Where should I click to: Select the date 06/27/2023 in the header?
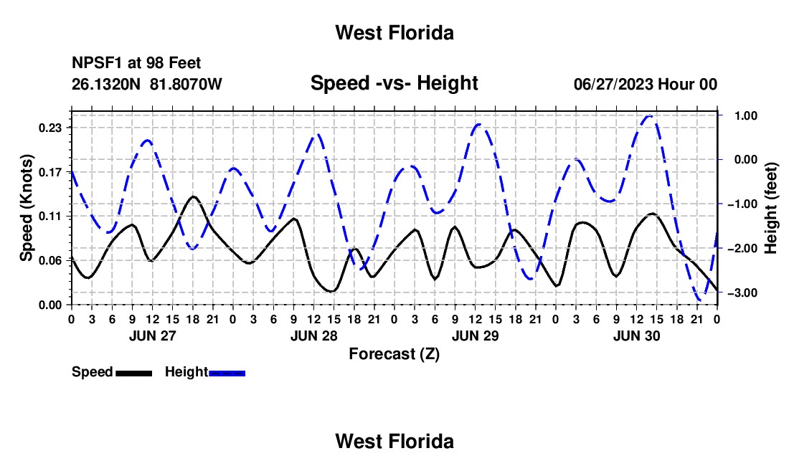(613, 84)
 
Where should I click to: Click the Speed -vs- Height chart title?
(394, 83)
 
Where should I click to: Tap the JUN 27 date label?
(153, 336)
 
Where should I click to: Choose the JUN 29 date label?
(475, 336)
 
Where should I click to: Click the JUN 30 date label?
(636, 336)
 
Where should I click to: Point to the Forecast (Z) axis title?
(394, 354)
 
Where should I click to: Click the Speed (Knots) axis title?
(26, 208)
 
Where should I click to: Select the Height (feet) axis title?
(771, 208)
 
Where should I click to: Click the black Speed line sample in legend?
(134, 373)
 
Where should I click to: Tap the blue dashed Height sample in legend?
(227, 373)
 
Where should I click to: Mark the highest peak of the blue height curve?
(649, 116)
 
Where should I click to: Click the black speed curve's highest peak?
(193, 196)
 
